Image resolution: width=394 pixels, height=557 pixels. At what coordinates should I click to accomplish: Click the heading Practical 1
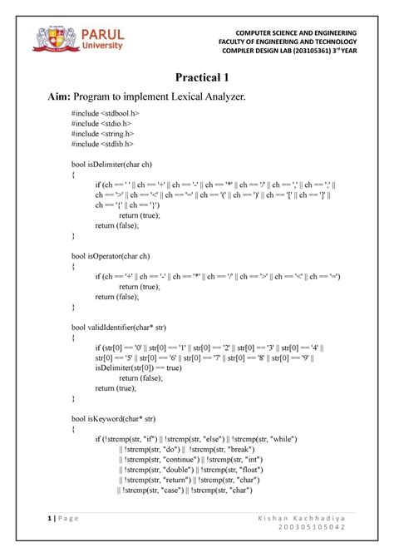coord(196,77)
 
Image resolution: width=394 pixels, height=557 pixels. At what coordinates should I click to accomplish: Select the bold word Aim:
coord(44,98)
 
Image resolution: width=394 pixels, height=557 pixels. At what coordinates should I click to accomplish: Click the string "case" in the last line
coord(165,490)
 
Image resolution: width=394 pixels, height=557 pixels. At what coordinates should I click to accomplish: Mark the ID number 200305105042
coord(313,530)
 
